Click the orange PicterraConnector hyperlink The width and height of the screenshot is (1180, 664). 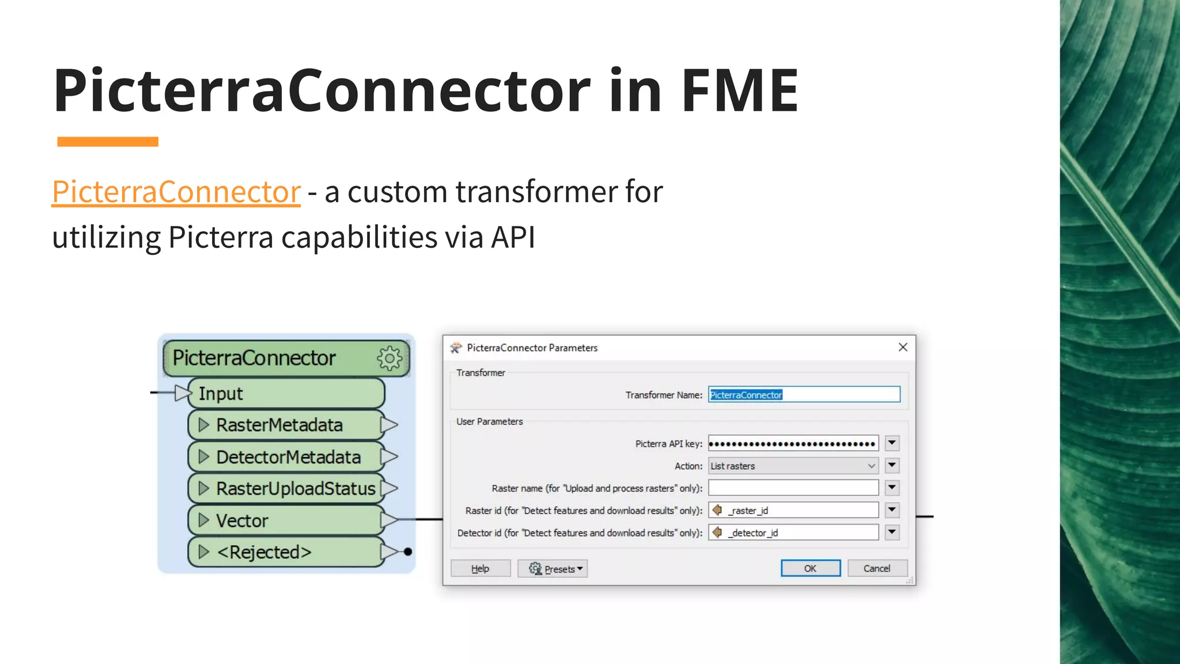point(176,191)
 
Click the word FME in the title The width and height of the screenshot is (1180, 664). point(740,90)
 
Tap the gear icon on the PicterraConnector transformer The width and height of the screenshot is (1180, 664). point(390,359)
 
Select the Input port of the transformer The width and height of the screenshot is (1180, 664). point(286,394)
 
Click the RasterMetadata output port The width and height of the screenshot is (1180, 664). point(286,425)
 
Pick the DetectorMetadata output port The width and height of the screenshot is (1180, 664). point(286,457)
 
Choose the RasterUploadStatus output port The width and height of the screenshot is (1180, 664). point(286,489)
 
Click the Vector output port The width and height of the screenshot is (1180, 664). point(286,520)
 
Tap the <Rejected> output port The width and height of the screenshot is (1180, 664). point(286,552)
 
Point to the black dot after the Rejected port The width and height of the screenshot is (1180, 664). point(408,552)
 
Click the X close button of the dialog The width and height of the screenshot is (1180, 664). point(903,347)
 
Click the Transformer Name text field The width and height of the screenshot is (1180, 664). point(804,395)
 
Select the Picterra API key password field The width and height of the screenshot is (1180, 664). point(793,443)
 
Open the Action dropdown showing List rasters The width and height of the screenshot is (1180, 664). point(793,466)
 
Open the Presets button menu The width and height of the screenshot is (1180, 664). point(553,569)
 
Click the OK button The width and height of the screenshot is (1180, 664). point(810,568)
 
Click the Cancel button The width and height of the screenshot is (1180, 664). point(877,568)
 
